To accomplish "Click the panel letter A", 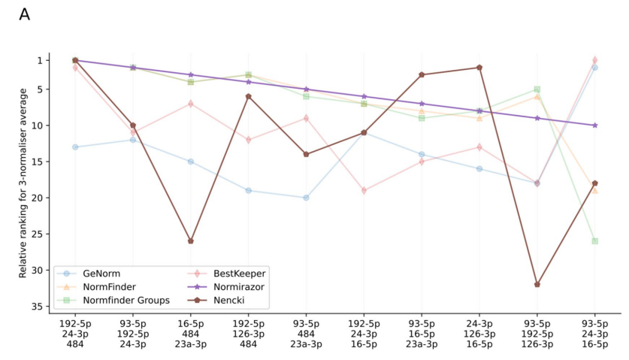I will [24, 14].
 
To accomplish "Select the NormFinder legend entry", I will [105, 286].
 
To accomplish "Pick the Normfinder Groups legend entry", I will [123, 300].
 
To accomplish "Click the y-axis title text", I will [23, 183].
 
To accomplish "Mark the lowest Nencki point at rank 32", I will [537, 285].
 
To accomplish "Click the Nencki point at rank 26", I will [191, 241].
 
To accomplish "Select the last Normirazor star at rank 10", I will [595, 126].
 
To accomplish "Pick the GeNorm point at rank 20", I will [306, 198].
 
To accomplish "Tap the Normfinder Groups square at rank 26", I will [595, 241].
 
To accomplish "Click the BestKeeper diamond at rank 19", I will [364, 191].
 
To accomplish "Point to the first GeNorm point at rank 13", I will [75, 147].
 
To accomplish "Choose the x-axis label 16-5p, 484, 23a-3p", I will [191, 334].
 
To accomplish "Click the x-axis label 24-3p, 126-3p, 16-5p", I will [479, 334].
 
